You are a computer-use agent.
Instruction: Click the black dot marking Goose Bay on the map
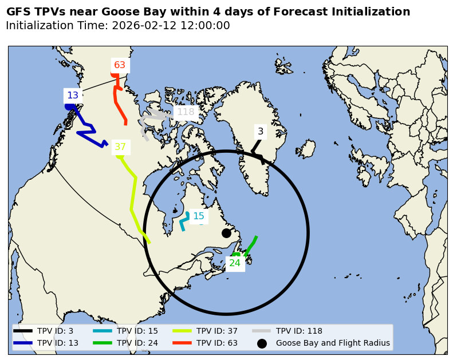click(x=226, y=233)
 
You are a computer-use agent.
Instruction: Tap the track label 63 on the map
click(x=120, y=65)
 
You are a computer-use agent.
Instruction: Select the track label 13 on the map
click(x=73, y=96)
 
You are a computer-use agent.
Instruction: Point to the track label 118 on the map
click(x=186, y=112)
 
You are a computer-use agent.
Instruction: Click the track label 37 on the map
click(x=120, y=147)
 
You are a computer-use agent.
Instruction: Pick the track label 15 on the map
click(x=199, y=216)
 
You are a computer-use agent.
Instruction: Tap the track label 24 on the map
click(x=235, y=263)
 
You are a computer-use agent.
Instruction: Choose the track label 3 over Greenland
click(x=261, y=132)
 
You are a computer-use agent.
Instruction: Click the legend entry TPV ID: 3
click(x=55, y=331)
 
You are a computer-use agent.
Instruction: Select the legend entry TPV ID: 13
click(x=57, y=343)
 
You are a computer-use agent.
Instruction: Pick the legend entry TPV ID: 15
click(x=137, y=331)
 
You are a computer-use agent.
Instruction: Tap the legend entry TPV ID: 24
click(x=137, y=343)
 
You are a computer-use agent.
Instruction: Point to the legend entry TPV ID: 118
click(x=299, y=331)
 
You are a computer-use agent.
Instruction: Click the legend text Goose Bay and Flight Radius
click(x=333, y=343)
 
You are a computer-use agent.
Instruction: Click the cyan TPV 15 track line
click(x=183, y=223)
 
